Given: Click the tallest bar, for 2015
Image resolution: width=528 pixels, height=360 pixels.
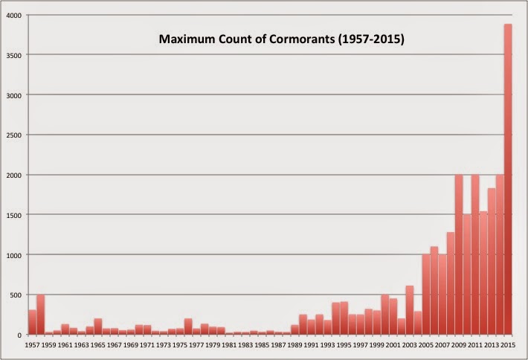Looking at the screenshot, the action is click(x=508, y=179).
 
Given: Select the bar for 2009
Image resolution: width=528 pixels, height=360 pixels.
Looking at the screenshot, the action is click(x=459, y=254).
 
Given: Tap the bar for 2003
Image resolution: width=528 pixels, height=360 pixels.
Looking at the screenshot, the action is click(x=410, y=310).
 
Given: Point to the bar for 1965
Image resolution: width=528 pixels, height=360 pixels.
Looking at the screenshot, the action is click(x=98, y=327).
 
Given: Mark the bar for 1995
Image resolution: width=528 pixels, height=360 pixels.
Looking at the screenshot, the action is click(x=344, y=318).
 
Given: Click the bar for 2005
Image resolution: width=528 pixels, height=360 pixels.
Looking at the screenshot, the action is click(x=426, y=295).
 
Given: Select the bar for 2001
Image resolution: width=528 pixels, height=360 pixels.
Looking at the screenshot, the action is click(x=393, y=317).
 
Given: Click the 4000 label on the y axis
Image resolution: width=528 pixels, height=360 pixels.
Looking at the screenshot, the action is click(x=14, y=16).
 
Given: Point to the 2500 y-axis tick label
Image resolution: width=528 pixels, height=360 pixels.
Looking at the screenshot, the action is click(x=14, y=135).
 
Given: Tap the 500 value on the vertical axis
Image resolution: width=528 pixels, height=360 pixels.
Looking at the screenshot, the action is click(x=16, y=295).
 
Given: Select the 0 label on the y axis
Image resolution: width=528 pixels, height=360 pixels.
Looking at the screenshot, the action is click(x=19, y=335).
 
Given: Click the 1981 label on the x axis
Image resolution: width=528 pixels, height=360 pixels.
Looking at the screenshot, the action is click(x=229, y=345).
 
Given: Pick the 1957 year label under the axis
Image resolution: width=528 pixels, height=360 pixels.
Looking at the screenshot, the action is click(x=32, y=345).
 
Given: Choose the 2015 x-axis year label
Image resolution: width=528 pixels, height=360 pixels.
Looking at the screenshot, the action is click(x=508, y=345).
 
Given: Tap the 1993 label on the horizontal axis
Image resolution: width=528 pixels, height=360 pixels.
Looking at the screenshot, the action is click(x=327, y=345).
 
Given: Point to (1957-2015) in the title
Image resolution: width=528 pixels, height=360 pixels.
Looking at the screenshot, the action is click(x=371, y=39).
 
